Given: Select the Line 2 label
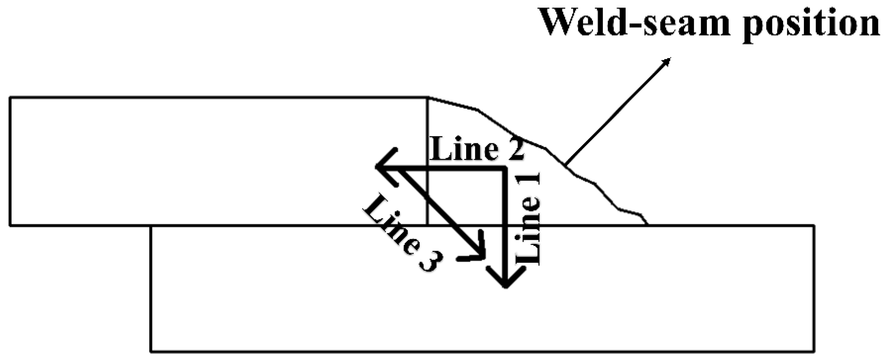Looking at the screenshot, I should pos(477,149).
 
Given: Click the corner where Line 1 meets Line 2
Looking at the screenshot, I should pos(505,168).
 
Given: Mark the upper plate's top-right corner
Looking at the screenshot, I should pos(428,97).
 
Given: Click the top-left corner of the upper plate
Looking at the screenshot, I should pos(10,97).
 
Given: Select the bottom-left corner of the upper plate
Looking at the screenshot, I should pos(10,225).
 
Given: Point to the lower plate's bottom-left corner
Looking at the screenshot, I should pos(151,351).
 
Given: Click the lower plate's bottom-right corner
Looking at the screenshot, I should pos(814,351).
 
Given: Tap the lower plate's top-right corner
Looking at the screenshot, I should pos(814,225).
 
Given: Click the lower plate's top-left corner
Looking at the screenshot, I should pos(151,226).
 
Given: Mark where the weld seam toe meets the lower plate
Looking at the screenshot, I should pos(647,225).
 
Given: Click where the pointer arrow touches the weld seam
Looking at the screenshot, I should pos(566,165).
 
